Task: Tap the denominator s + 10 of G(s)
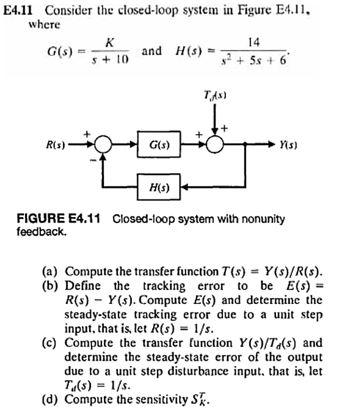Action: (x=109, y=61)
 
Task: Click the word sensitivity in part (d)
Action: (x=169, y=400)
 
